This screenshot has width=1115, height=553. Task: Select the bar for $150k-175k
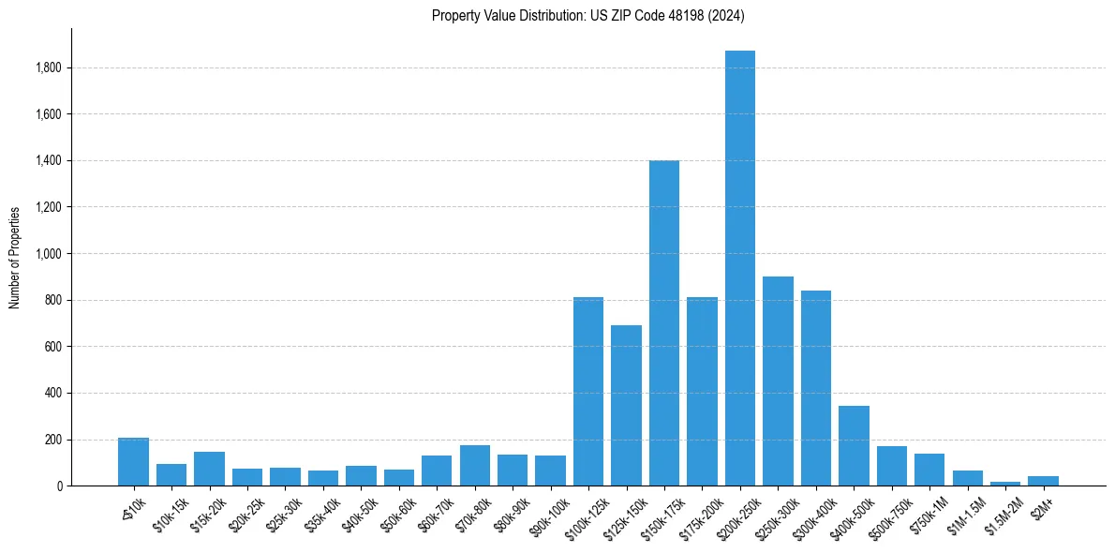(664, 323)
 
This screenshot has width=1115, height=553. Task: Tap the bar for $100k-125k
(588, 392)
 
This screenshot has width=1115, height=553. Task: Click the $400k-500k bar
(854, 446)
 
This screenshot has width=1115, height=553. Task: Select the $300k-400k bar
(816, 388)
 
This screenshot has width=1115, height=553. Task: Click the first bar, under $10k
(133, 462)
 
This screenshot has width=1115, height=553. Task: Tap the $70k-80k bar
(475, 466)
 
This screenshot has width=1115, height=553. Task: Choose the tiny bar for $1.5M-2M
(1005, 484)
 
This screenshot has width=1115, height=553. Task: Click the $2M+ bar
(1043, 481)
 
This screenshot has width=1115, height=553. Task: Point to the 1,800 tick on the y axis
(49, 67)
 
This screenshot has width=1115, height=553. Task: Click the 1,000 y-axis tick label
(49, 254)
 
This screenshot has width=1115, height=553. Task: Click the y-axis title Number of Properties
(14, 258)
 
